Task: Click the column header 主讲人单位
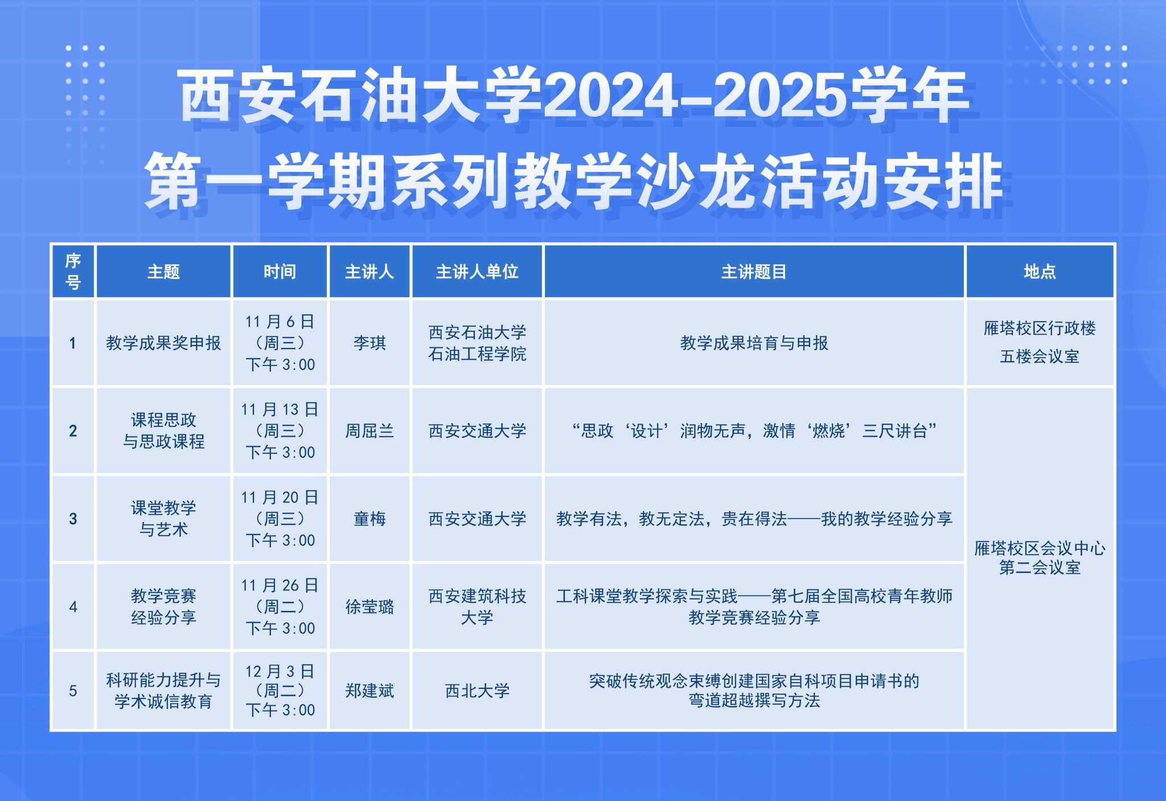pyautogui.click(x=477, y=272)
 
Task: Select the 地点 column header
pyautogui.click(x=1039, y=272)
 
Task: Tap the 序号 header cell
pyautogui.click(x=73, y=272)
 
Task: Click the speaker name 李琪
pyautogui.click(x=369, y=343)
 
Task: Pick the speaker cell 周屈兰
pyautogui.click(x=369, y=431)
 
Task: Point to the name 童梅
pyautogui.click(x=369, y=519)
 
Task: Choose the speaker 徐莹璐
pyautogui.click(x=369, y=607)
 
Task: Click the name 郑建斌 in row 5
pyautogui.click(x=369, y=691)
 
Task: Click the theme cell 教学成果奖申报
pyautogui.click(x=163, y=343)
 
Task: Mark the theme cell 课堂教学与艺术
pyautogui.click(x=163, y=519)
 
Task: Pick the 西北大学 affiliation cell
pyautogui.click(x=477, y=691)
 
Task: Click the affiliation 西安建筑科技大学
pyautogui.click(x=477, y=607)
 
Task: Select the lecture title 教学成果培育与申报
pyautogui.click(x=754, y=343)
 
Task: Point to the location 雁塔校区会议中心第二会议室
pyautogui.click(x=1039, y=558)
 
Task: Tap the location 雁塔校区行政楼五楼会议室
pyautogui.click(x=1039, y=342)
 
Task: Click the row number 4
pyautogui.click(x=73, y=607)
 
